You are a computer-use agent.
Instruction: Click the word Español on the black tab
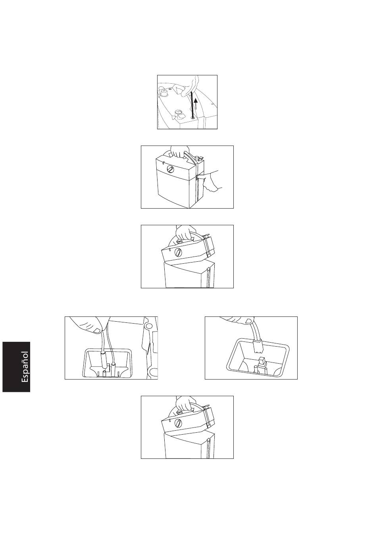coord(25,367)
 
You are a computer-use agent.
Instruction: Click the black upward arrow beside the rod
coord(196,104)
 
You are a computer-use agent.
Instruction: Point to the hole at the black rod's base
coord(192,117)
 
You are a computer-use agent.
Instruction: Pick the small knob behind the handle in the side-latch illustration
coord(197,157)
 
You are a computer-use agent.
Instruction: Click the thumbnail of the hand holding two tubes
coord(97,330)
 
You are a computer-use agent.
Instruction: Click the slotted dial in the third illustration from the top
coord(178,251)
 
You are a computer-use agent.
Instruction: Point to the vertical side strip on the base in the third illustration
coord(208,277)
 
